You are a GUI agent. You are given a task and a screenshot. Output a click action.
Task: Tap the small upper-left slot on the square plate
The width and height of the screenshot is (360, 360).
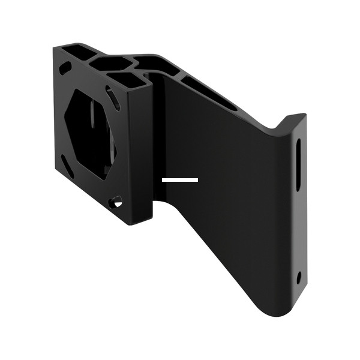(65, 67)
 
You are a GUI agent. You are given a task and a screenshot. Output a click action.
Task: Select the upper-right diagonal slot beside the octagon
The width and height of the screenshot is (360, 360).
(113, 97)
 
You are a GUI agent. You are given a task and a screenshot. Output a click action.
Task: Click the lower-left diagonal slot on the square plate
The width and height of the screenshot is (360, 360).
(67, 166)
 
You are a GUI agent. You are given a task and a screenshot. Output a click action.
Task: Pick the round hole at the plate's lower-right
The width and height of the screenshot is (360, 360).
(116, 202)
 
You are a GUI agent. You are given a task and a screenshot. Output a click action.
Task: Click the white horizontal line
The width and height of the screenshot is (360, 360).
(179, 179)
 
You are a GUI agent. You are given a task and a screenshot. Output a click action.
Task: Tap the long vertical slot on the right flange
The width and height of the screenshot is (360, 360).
(298, 164)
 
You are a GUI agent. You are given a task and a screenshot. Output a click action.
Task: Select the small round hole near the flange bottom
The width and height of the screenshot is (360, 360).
(299, 277)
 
